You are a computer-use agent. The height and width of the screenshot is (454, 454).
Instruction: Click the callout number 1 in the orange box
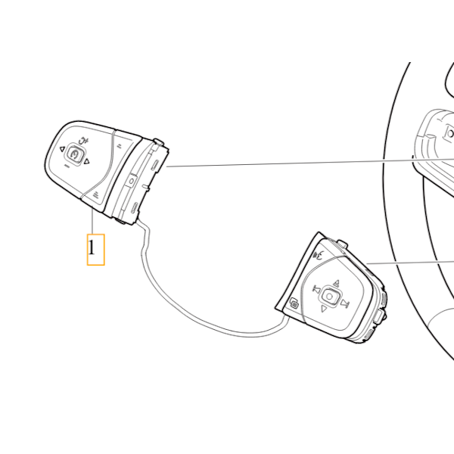pos(92,248)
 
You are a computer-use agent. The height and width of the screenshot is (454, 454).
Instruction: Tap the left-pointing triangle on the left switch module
pos(62,149)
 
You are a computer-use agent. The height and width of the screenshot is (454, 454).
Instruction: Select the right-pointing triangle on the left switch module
pos(86,162)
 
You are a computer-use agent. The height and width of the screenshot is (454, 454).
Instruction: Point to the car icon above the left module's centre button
pos(84,141)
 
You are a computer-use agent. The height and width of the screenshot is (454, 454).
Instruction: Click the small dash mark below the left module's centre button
pos(67,166)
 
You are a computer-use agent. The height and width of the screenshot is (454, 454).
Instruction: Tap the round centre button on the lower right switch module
pos(329,296)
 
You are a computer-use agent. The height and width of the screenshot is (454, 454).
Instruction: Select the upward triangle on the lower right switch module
pos(336,283)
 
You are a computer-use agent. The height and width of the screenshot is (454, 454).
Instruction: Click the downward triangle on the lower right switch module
pos(323,309)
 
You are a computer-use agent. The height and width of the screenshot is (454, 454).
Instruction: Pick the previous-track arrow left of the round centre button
pos(316,289)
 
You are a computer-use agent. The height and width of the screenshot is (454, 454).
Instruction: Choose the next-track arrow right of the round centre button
pos(344,303)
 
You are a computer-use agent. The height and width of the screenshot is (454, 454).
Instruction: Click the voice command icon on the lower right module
pos(319,255)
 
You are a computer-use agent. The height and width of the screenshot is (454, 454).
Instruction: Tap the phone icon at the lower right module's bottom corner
pos(294,303)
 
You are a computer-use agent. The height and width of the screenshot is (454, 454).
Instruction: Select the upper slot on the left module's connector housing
pos(154,164)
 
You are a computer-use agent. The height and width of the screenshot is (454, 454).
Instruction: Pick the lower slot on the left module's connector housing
pos(135,208)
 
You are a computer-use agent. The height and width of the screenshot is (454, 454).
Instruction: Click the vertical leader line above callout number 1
pos(92,222)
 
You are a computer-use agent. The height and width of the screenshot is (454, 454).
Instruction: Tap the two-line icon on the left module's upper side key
pos(119,145)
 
